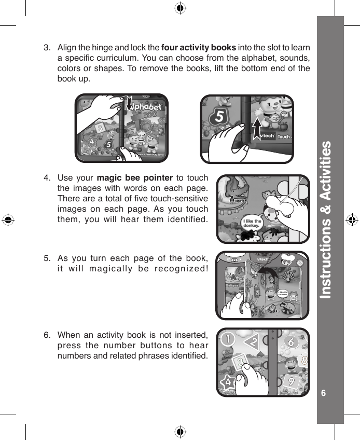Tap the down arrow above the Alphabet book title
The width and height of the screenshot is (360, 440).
point(130,103)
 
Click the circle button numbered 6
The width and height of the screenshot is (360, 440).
point(291,342)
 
